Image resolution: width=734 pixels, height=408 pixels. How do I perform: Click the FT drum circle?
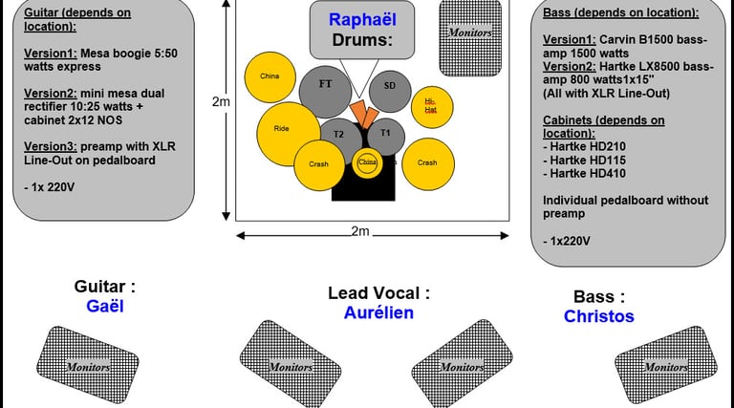click(326, 84)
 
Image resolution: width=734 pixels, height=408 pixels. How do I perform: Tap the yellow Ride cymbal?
click(283, 129)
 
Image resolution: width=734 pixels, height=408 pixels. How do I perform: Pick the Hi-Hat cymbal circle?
click(431, 106)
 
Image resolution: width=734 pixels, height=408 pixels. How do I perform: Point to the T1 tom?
click(385, 134)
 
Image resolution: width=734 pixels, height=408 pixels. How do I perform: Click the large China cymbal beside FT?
click(270, 75)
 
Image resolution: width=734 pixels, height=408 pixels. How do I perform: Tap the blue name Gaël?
click(104, 306)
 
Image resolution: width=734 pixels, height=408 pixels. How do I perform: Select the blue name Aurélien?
click(378, 312)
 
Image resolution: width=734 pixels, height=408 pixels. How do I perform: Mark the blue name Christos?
click(598, 315)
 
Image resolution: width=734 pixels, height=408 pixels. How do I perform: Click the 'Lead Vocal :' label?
click(378, 293)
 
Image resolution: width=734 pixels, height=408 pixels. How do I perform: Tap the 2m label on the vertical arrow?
click(221, 101)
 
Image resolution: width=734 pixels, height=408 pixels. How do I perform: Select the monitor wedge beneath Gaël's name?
click(92, 364)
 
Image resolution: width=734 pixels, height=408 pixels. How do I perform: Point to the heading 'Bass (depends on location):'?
click(620, 13)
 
